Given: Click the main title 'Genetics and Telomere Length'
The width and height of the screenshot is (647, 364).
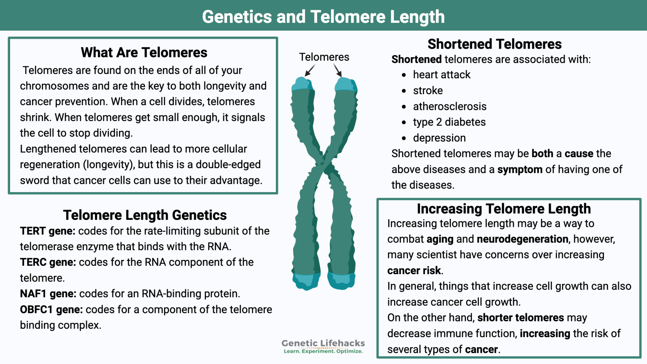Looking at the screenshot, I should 323,17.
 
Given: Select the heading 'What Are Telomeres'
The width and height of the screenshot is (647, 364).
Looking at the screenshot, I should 144,52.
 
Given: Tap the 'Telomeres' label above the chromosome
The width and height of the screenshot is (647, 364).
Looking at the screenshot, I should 324,57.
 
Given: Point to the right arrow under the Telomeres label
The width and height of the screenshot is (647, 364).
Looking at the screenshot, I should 337,70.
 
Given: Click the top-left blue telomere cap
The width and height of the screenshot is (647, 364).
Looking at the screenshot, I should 302,84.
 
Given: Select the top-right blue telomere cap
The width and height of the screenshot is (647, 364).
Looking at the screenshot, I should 346,85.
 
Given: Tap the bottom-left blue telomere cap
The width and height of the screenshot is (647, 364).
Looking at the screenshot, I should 306,281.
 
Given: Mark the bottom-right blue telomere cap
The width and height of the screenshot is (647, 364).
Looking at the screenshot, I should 341,281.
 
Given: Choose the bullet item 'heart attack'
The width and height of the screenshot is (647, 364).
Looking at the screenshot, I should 441,75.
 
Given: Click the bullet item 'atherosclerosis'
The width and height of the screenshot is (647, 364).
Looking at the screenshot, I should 450,106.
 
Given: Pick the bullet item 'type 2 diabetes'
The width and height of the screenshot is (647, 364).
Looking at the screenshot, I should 449,122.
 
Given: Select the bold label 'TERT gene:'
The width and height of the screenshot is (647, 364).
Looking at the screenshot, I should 48,231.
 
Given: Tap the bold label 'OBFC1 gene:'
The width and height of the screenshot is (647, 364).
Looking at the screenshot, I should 51,310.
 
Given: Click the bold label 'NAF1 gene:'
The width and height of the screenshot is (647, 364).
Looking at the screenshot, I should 48,294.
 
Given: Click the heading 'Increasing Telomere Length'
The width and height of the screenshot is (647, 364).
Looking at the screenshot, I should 504,209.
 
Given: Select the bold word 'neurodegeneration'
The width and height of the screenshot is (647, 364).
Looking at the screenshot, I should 523,239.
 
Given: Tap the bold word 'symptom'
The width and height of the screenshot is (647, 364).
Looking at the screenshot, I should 520,170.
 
